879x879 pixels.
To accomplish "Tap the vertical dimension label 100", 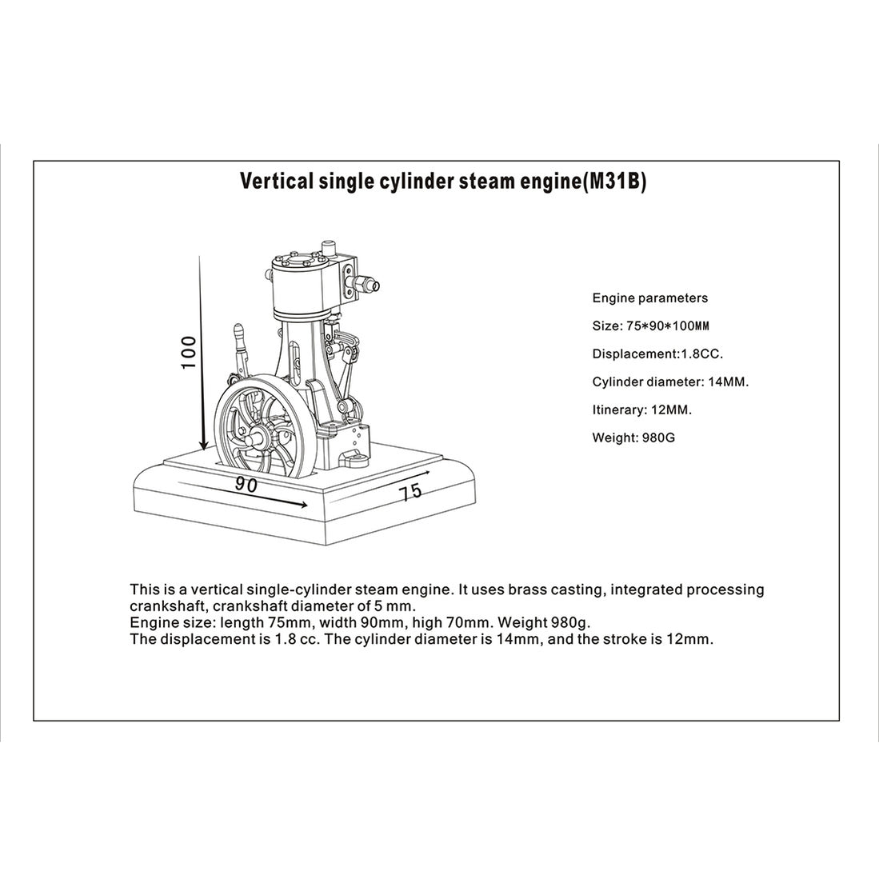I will click(189, 352).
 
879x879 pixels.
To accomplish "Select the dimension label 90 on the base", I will click(246, 484).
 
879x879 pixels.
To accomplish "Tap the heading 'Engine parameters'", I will click(649, 298).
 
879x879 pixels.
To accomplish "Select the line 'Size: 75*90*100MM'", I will click(651, 326).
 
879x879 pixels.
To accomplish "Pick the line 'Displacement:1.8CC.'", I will click(657, 354).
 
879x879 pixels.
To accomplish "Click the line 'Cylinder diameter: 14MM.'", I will click(670, 382).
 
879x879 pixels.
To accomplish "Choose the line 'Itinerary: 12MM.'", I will click(641, 410).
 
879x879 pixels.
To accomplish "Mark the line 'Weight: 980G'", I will click(633, 438).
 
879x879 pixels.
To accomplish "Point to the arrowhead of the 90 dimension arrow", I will click(302, 504).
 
